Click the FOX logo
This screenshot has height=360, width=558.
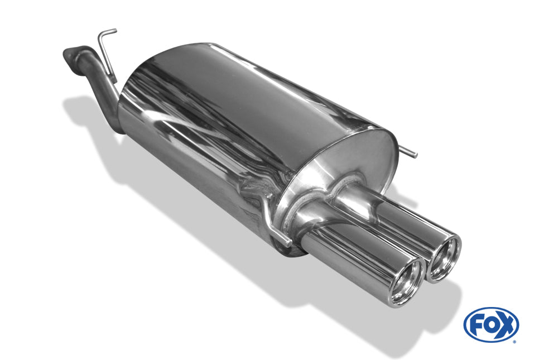pos(490,325)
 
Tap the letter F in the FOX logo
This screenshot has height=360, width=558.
pos(475,325)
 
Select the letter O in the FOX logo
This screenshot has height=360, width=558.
pos(490,325)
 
